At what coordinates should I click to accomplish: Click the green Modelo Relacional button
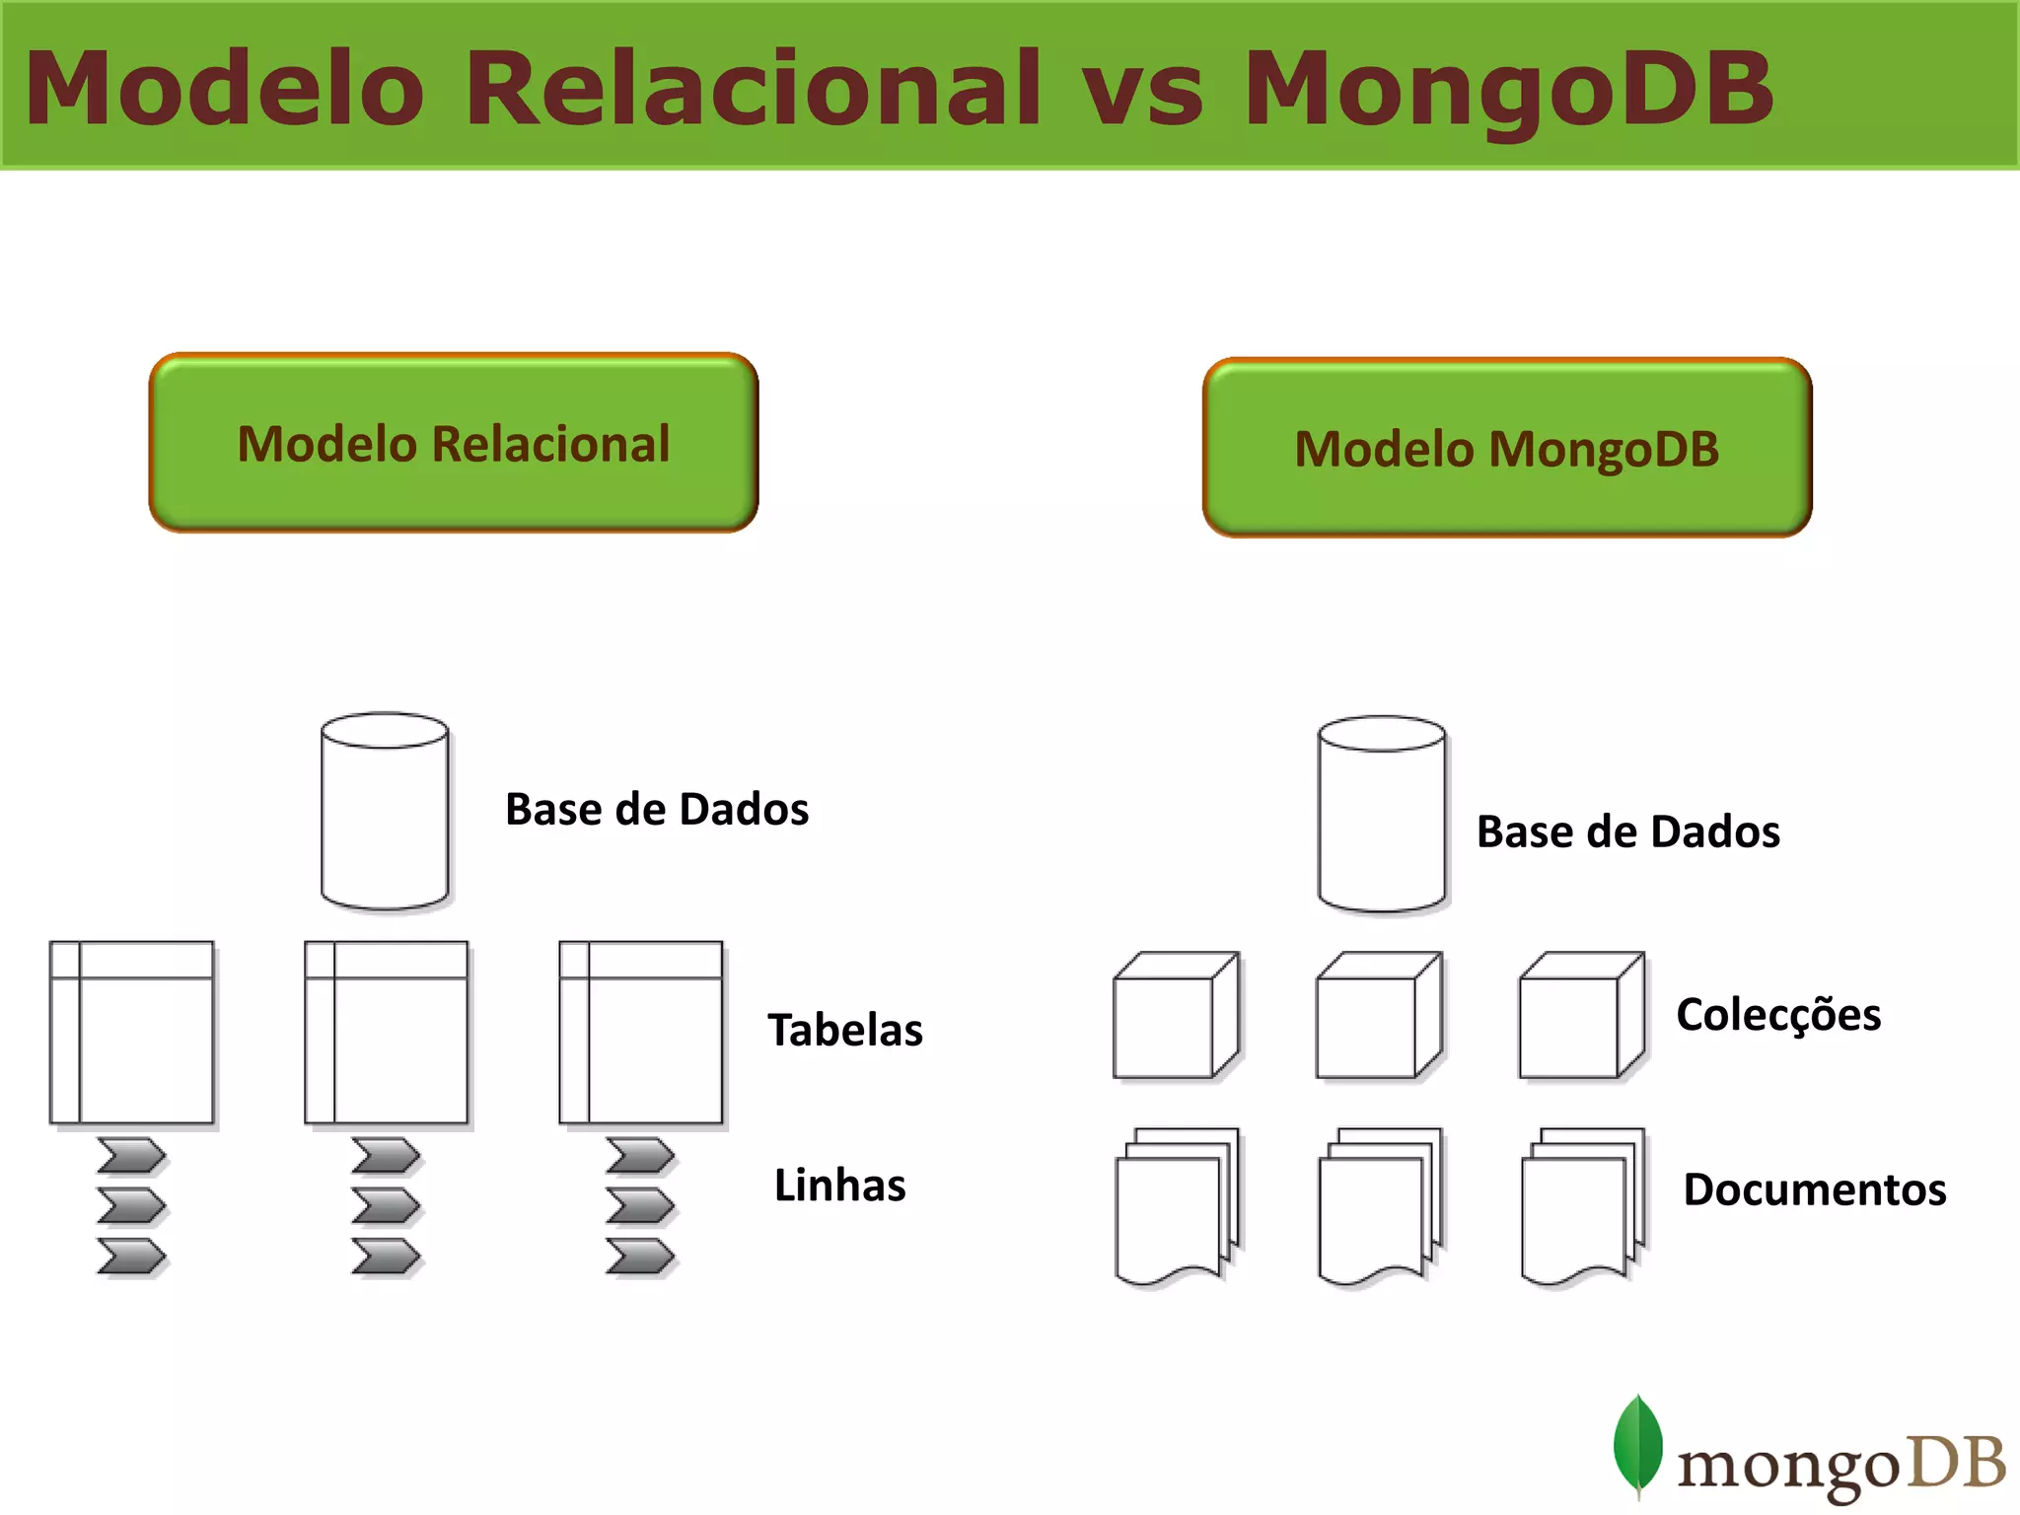[454, 443]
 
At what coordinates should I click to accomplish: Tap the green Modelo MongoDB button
[1507, 448]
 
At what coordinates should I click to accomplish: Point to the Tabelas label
[845, 1030]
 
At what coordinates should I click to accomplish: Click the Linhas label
[839, 1185]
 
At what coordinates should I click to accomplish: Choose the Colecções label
[1778, 1014]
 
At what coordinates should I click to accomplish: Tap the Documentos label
[1815, 1189]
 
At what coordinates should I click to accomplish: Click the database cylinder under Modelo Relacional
[385, 811]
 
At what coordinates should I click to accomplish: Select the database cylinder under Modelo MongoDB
[1382, 815]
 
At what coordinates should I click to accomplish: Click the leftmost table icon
[132, 1033]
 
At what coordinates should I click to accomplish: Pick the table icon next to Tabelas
[641, 1033]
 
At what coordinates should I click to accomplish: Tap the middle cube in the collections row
[1378, 1016]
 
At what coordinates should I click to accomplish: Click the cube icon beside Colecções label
[1581, 1016]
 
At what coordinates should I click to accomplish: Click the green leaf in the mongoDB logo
[1637, 1446]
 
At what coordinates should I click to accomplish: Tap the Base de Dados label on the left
[657, 809]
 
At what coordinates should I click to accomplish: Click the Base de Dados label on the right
[1628, 831]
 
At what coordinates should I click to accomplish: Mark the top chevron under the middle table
[387, 1155]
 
